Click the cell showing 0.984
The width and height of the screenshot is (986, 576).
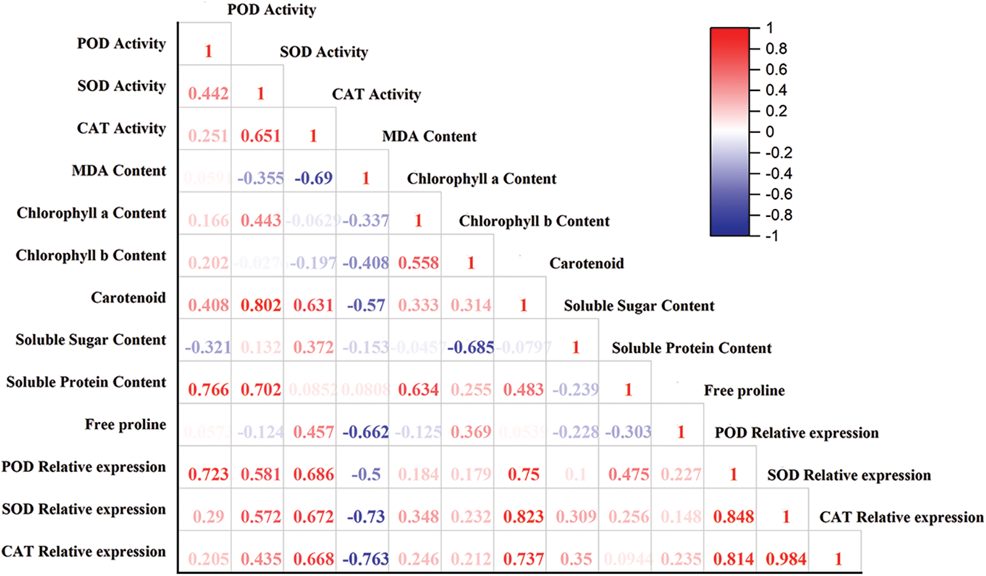(x=786, y=559)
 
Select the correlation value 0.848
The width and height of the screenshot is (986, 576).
(x=733, y=517)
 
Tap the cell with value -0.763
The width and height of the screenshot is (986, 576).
(x=366, y=559)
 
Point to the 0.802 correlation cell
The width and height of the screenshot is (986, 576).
(x=261, y=305)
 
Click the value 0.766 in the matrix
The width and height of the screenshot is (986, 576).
(x=208, y=390)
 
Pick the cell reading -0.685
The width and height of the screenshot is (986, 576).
(x=470, y=347)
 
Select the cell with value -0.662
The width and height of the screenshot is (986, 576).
(x=366, y=432)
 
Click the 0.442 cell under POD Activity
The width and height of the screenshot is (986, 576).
(x=208, y=94)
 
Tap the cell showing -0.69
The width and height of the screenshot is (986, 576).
(x=313, y=178)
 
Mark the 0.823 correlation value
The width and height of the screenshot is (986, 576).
(x=523, y=517)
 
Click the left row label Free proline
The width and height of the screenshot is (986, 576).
(x=125, y=425)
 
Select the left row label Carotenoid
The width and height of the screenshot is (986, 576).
(x=128, y=298)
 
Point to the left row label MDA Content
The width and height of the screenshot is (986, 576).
(x=119, y=171)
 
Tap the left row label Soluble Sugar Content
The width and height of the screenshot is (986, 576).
(x=91, y=340)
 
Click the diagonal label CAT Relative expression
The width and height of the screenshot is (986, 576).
(x=901, y=518)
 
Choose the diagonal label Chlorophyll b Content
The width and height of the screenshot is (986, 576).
(x=534, y=221)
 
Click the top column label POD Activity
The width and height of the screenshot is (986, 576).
(x=271, y=10)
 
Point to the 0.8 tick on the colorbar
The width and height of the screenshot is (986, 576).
(x=776, y=49)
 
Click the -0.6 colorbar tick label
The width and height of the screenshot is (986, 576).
(x=778, y=195)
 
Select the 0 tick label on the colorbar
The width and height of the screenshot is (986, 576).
(x=770, y=132)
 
